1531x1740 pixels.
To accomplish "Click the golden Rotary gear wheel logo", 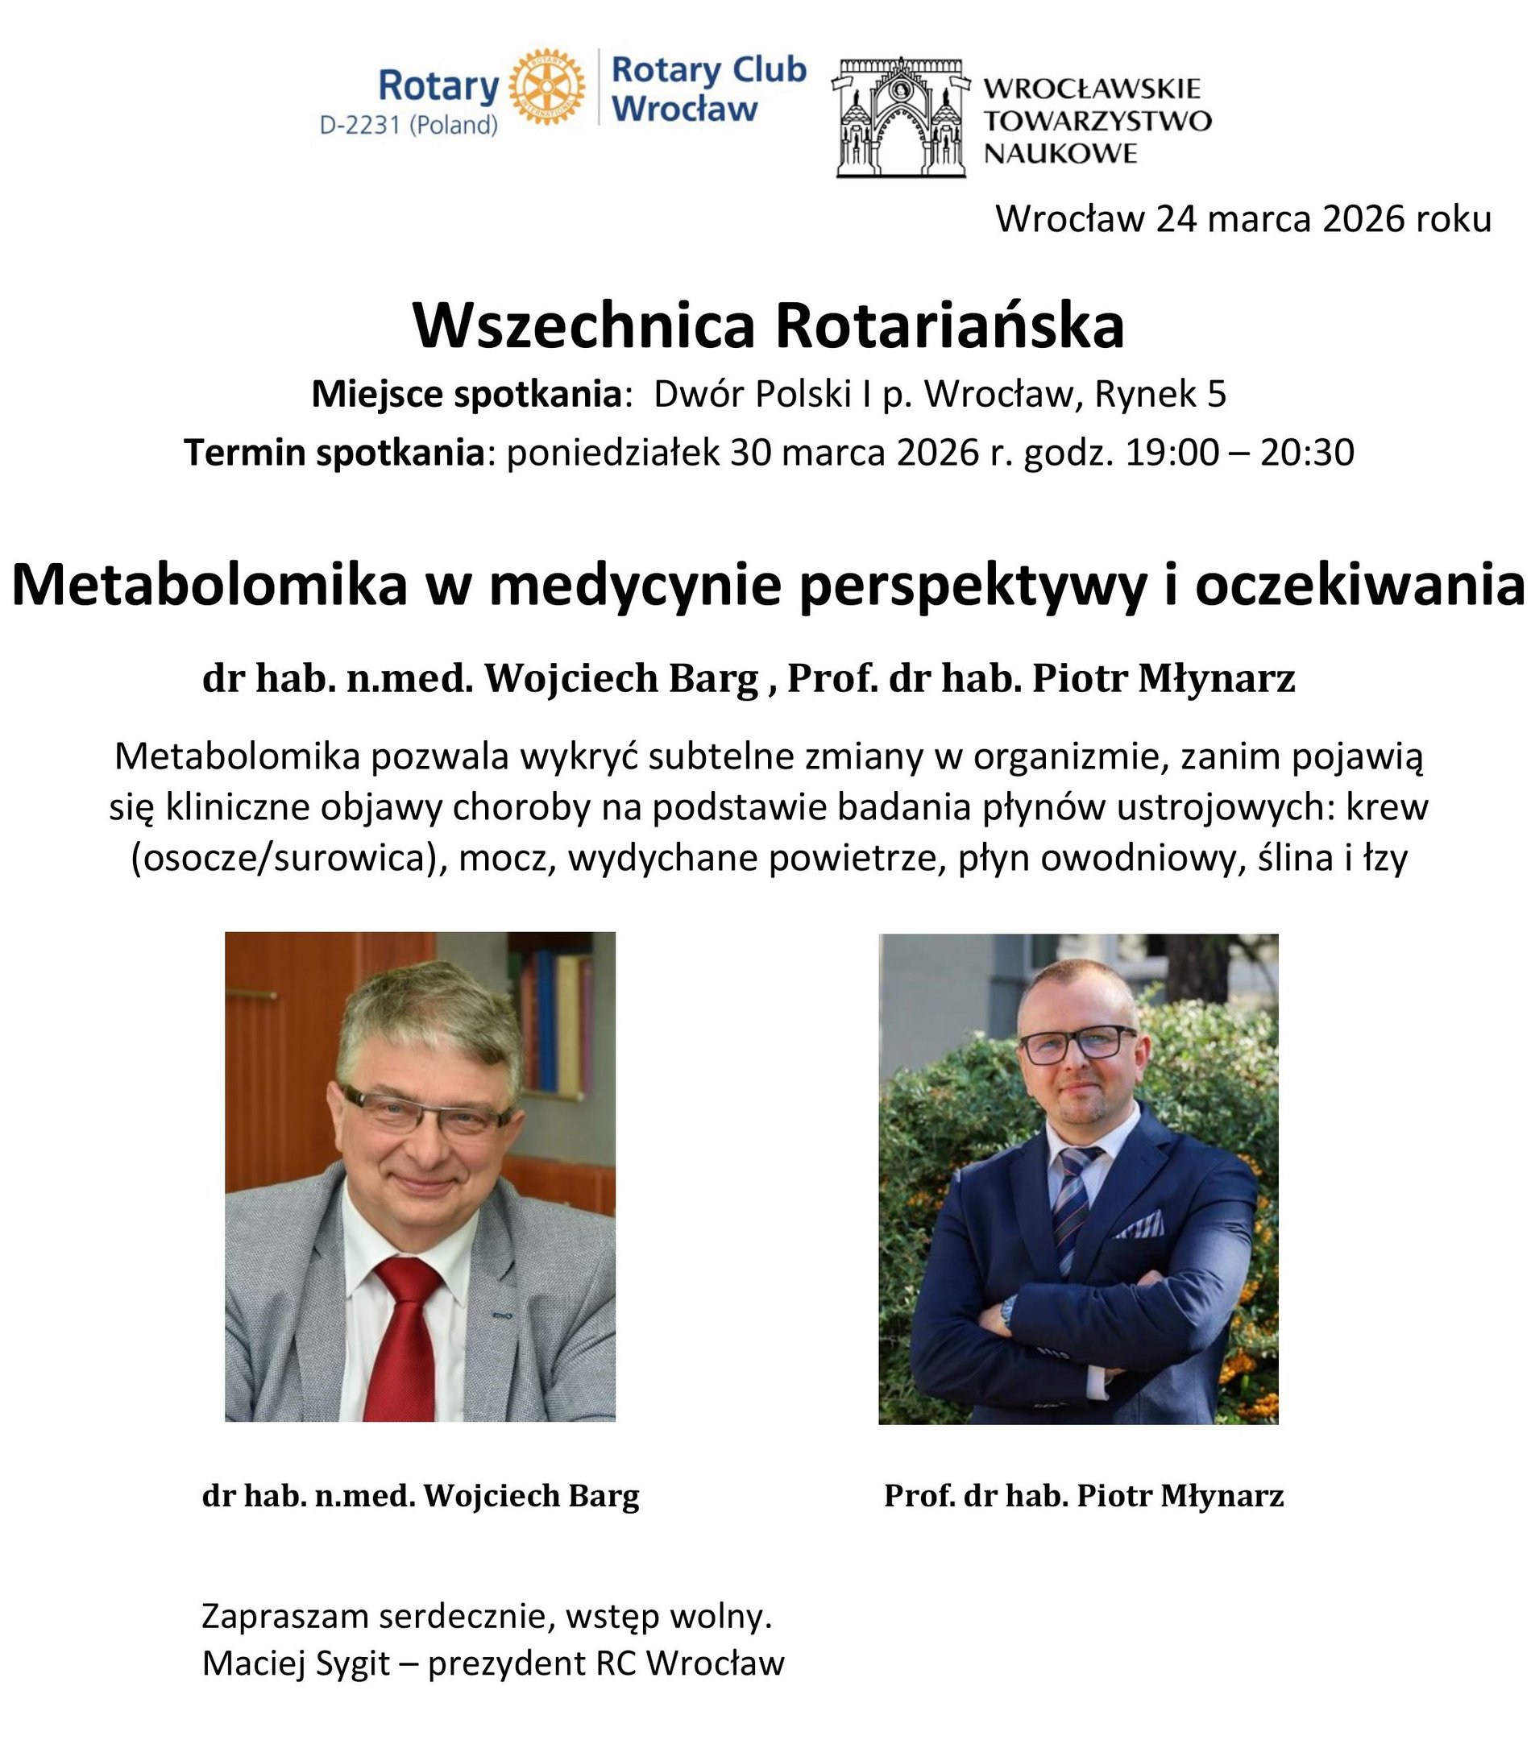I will click(x=546, y=87).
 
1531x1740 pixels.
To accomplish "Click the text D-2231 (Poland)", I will click(x=409, y=125).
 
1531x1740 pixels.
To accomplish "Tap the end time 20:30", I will click(x=1306, y=453).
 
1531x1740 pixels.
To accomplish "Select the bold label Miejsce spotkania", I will click(x=467, y=394).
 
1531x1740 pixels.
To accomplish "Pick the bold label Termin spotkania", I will click(x=334, y=453).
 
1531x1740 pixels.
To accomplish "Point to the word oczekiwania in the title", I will click(x=1359, y=586).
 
